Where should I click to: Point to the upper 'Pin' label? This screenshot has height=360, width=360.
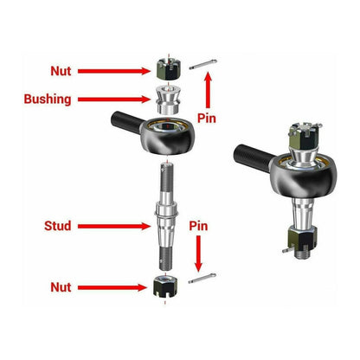coord(207,117)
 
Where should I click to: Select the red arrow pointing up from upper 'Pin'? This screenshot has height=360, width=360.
coord(207,88)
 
